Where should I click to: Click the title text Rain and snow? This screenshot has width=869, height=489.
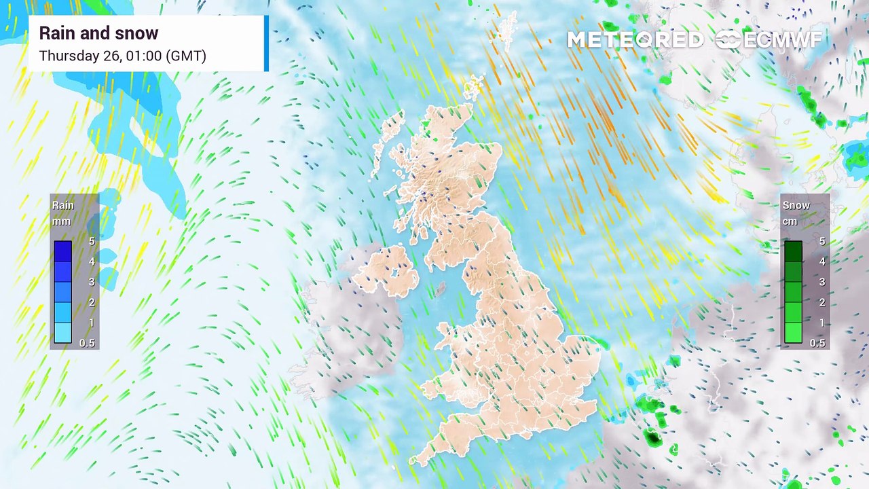coord(98,33)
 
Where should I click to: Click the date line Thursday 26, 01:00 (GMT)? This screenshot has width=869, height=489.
coord(122,56)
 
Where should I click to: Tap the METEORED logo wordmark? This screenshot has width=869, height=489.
coord(635,40)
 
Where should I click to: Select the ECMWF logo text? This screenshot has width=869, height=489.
coord(782,40)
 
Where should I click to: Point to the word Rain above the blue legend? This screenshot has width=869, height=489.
coord(63,205)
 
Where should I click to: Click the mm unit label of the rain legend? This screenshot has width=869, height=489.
coord(61,221)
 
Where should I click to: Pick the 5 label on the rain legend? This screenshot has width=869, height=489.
coord(91,241)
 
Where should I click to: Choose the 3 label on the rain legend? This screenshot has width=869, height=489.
coord(91,282)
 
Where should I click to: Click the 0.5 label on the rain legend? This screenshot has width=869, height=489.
coord(87,343)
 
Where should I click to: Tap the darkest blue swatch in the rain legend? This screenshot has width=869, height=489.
coord(62,251)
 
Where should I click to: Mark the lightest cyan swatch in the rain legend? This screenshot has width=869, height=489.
coord(62,333)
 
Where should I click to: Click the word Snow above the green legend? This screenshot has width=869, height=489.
coord(796,205)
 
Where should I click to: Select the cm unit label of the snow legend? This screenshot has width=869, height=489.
coord(790,221)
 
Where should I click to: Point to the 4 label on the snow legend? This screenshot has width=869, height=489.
coord(821,261)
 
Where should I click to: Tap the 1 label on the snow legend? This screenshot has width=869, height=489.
coord(821,323)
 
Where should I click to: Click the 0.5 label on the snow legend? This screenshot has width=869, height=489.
coord(817,343)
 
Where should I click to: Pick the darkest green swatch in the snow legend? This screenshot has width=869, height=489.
coord(793,251)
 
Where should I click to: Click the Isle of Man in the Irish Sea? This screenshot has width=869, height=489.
coord(440,289)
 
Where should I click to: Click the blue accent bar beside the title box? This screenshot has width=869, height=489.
coord(266,43)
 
